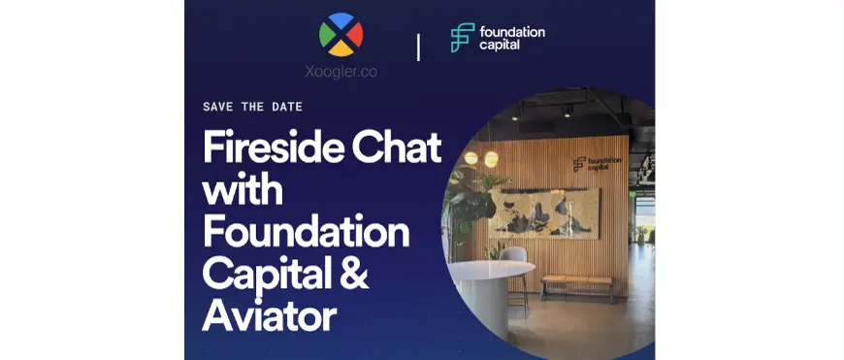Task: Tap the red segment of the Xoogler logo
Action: tap(355, 36)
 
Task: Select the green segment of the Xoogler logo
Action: tap(327, 36)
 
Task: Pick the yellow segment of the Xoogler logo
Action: tap(341, 49)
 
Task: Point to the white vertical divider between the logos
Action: tap(418, 46)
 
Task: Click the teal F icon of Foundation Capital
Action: tap(461, 37)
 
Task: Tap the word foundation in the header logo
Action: tap(511, 31)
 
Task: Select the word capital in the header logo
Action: tap(501, 45)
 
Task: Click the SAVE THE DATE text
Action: tap(253, 107)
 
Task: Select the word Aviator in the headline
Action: tap(269, 316)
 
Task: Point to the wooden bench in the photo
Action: tap(576, 282)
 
